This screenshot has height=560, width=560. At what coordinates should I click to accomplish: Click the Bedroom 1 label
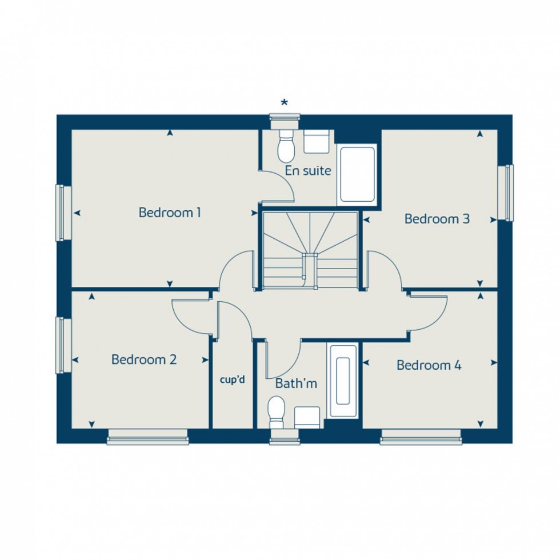click(x=170, y=213)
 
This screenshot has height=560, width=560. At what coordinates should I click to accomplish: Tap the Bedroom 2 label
click(x=144, y=360)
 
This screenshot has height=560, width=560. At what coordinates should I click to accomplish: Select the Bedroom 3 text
click(x=437, y=219)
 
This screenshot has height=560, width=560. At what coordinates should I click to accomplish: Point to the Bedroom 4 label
click(x=429, y=365)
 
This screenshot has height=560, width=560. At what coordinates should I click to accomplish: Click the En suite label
click(x=309, y=170)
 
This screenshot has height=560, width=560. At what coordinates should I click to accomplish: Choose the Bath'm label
click(x=296, y=383)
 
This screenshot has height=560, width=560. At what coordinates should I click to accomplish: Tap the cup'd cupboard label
click(x=233, y=379)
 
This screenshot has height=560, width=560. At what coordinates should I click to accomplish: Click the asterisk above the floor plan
click(x=284, y=103)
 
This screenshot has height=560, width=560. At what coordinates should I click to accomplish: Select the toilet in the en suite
click(x=285, y=146)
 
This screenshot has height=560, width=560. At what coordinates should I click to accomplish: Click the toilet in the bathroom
click(x=277, y=411)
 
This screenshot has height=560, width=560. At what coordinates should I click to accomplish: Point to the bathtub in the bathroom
click(x=343, y=381)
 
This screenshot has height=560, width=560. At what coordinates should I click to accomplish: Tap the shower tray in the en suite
click(x=357, y=174)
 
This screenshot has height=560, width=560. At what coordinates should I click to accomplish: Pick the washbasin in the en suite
click(x=317, y=142)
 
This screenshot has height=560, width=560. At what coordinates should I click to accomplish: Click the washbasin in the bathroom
click(x=307, y=417)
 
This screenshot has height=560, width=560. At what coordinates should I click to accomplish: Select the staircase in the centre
click(x=310, y=250)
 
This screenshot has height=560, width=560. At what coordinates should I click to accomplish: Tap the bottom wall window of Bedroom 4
click(x=421, y=440)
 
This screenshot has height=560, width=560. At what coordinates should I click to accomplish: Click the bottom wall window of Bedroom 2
click(x=147, y=440)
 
